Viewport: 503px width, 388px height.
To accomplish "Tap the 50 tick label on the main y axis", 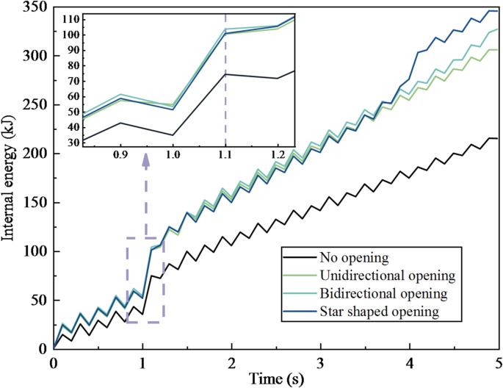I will (x=38, y=300).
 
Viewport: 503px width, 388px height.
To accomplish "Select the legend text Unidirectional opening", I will (x=388, y=276).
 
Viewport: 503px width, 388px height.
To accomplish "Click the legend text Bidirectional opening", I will (x=383, y=294).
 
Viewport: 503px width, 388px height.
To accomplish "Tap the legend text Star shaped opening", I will (x=379, y=312).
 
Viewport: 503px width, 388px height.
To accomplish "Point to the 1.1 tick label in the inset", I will (x=225, y=157).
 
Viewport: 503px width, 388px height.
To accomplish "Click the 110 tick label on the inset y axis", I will (x=69, y=17).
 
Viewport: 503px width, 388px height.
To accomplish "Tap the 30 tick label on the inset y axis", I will (x=71, y=143).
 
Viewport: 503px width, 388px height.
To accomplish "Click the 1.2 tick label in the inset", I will (x=278, y=157).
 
